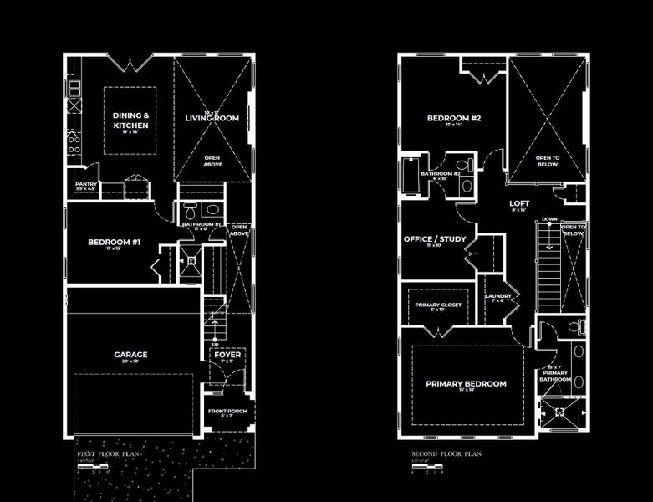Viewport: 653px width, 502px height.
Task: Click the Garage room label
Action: [130, 355]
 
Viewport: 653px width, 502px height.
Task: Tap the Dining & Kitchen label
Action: [130, 120]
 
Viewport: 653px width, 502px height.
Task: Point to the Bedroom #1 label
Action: [114, 243]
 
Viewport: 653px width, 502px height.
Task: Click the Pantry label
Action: [86, 184]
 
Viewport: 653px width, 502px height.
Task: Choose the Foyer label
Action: [227, 354]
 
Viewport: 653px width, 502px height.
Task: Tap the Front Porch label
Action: [227, 412]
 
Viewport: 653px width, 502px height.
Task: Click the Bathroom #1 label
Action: [202, 224]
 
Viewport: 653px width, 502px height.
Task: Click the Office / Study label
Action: [435, 239]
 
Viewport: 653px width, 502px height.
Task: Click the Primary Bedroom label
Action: [466, 384]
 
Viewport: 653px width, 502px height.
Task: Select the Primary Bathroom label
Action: [554, 372]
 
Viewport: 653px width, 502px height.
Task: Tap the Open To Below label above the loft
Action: [548, 161]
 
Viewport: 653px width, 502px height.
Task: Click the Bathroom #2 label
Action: [441, 174]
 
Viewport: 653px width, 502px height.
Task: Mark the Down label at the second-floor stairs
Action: [549, 220]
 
